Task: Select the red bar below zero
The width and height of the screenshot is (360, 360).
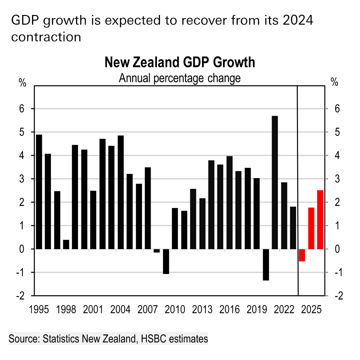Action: click(x=302, y=255)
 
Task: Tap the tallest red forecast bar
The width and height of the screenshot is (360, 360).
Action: click(x=320, y=220)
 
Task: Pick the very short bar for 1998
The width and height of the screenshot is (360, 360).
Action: click(x=66, y=244)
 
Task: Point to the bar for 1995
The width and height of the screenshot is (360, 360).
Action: click(x=39, y=192)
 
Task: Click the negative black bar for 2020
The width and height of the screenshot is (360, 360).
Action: click(x=266, y=265)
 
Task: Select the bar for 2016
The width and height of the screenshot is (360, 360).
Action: click(x=229, y=202)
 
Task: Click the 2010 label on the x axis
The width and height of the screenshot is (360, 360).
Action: click(x=175, y=310)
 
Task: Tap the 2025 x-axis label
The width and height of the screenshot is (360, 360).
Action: click(x=311, y=310)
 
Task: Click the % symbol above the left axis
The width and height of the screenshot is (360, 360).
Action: click(x=22, y=83)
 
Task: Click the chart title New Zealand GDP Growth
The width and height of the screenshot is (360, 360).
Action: click(x=180, y=62)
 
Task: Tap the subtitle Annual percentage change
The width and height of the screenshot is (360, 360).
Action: click(x=180, y=78)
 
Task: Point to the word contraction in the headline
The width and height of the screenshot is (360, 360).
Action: click(x=46, y=37)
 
